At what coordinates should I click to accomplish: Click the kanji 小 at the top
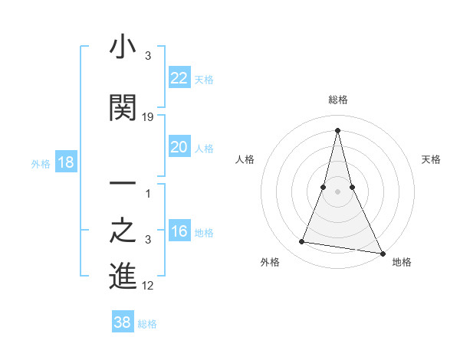123,48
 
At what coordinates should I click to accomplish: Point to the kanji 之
123,231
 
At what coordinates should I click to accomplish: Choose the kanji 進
123,277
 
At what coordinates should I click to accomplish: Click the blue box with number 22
179,78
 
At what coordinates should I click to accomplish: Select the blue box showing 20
179,147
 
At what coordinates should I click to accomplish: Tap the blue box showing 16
179,232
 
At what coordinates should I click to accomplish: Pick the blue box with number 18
65,162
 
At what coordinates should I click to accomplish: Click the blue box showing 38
123,322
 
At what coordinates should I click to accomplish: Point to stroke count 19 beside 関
149,117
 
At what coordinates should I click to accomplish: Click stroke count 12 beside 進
149,286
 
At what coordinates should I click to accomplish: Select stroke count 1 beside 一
149,193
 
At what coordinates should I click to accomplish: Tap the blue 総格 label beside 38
147,324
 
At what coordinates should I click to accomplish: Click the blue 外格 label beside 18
41,163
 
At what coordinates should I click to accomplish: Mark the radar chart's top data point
337,129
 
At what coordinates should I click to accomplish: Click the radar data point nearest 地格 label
382,251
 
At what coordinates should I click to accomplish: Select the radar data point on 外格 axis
301,242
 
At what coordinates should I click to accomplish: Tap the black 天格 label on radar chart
432,159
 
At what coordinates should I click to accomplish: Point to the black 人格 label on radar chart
245,159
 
